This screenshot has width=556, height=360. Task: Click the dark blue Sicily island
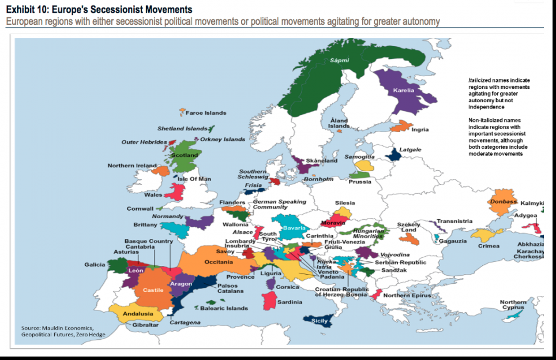pyautogui.click(x=319, y=321)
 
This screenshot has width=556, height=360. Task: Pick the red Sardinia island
pyautogui.click(x=269, y=300)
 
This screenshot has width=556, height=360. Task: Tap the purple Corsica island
pyautogui.click(x=271, y=283)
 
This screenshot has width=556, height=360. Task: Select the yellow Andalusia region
pyautogui.click(x=138, y=314)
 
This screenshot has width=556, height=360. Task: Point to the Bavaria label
pyautogui.click(x=294, y=228)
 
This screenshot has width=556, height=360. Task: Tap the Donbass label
pyautogui.click(x=502, y=202)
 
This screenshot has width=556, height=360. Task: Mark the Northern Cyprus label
pyautogui.click(x=513, y=305)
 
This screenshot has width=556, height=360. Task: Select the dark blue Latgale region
pyautogui.click(x=395, y=155)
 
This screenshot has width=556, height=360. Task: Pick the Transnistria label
pyautogui.click(x=454, y=221)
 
